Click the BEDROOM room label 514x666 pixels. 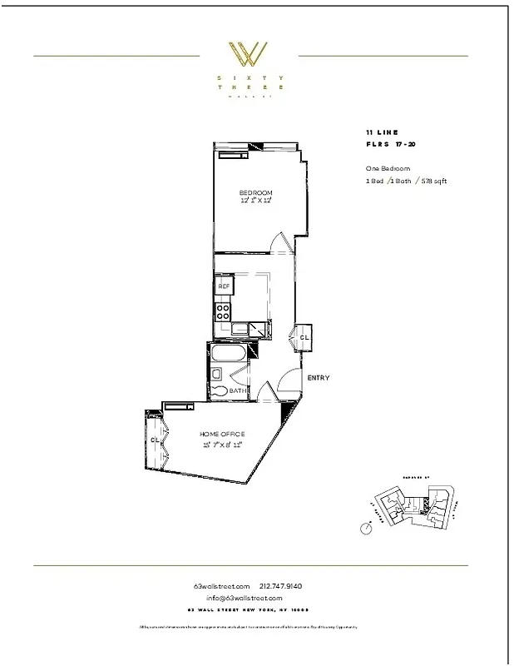click(x=256, y=193)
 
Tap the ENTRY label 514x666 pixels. click(x=318, y=378)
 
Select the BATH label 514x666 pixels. click(x=237, y=391)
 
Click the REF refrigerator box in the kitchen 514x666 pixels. click(x=224, y=286)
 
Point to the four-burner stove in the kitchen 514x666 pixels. click(x=223, y=311)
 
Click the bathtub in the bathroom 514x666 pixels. click(x=226, y=355)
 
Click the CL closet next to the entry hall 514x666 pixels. click(x=304, y=337)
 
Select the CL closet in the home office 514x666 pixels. click(x=155, y=440)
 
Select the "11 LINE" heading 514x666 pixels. click(x=382, y=133)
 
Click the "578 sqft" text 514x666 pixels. click(x=433, y=181)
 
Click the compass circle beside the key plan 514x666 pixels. click(x=364, y=528)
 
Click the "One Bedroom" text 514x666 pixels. click(x=388, y=168)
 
